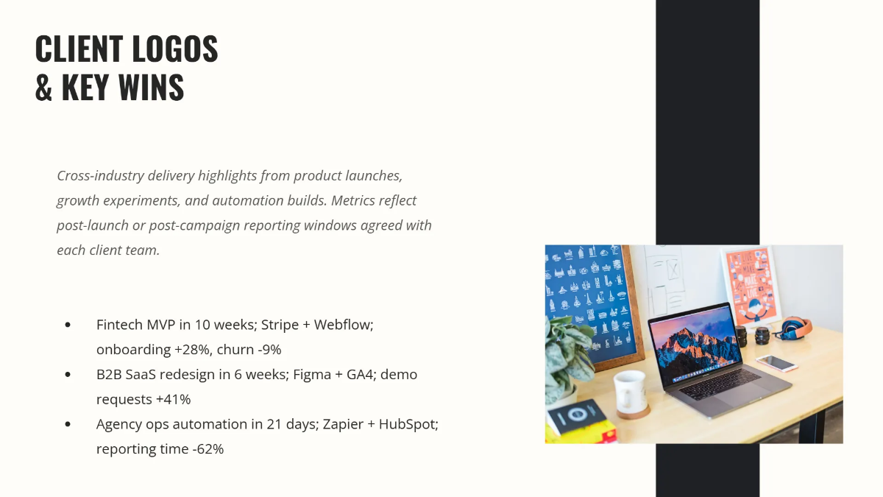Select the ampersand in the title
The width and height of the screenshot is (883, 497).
pos(44,88)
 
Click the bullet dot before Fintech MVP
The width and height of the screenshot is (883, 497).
pos(68,325)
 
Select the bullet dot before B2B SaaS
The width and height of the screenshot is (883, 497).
pos(68,375)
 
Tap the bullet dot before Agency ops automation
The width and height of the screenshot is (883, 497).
pos(68,425)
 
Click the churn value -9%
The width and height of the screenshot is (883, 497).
pos(267,350)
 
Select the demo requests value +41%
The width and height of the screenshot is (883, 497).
pos(173,400)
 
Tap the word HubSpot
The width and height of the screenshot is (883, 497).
pos(408,425)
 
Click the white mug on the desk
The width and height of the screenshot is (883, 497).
pos(631,393)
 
